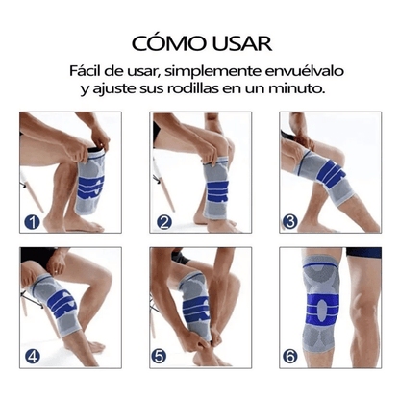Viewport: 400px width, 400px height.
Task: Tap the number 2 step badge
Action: pyautogui.click(x=164, y=223)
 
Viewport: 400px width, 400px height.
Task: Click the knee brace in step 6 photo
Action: pyautogui.click(x=334, y=303)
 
